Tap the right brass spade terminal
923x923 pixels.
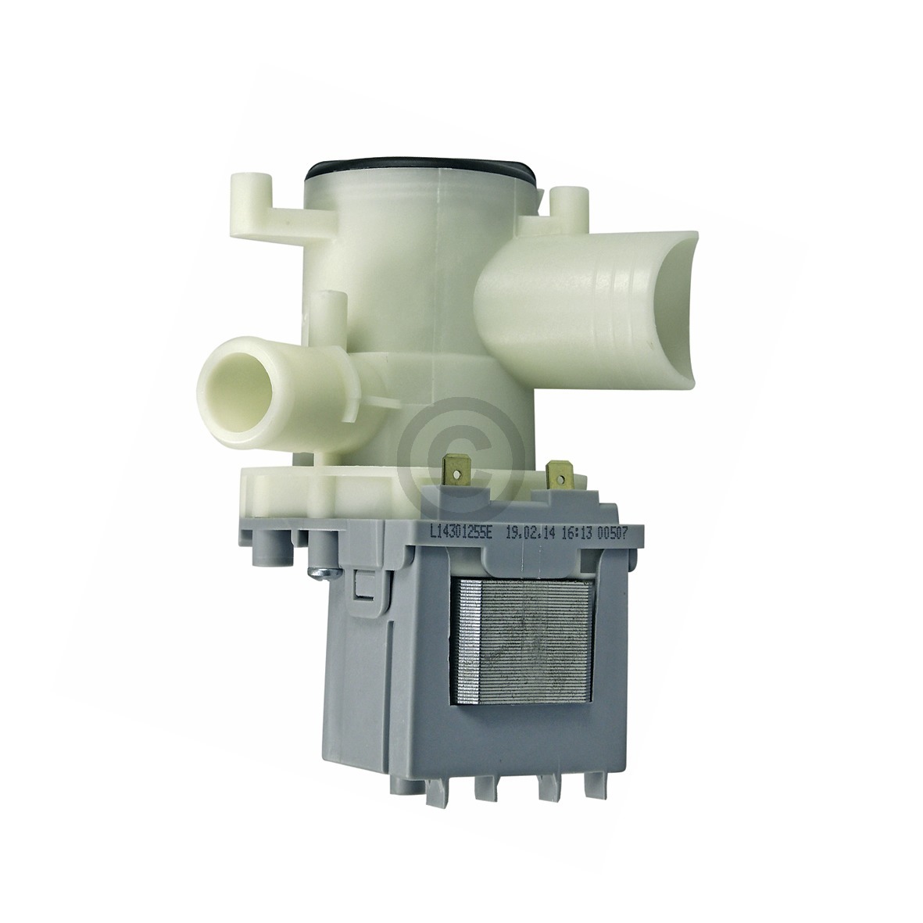558,471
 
